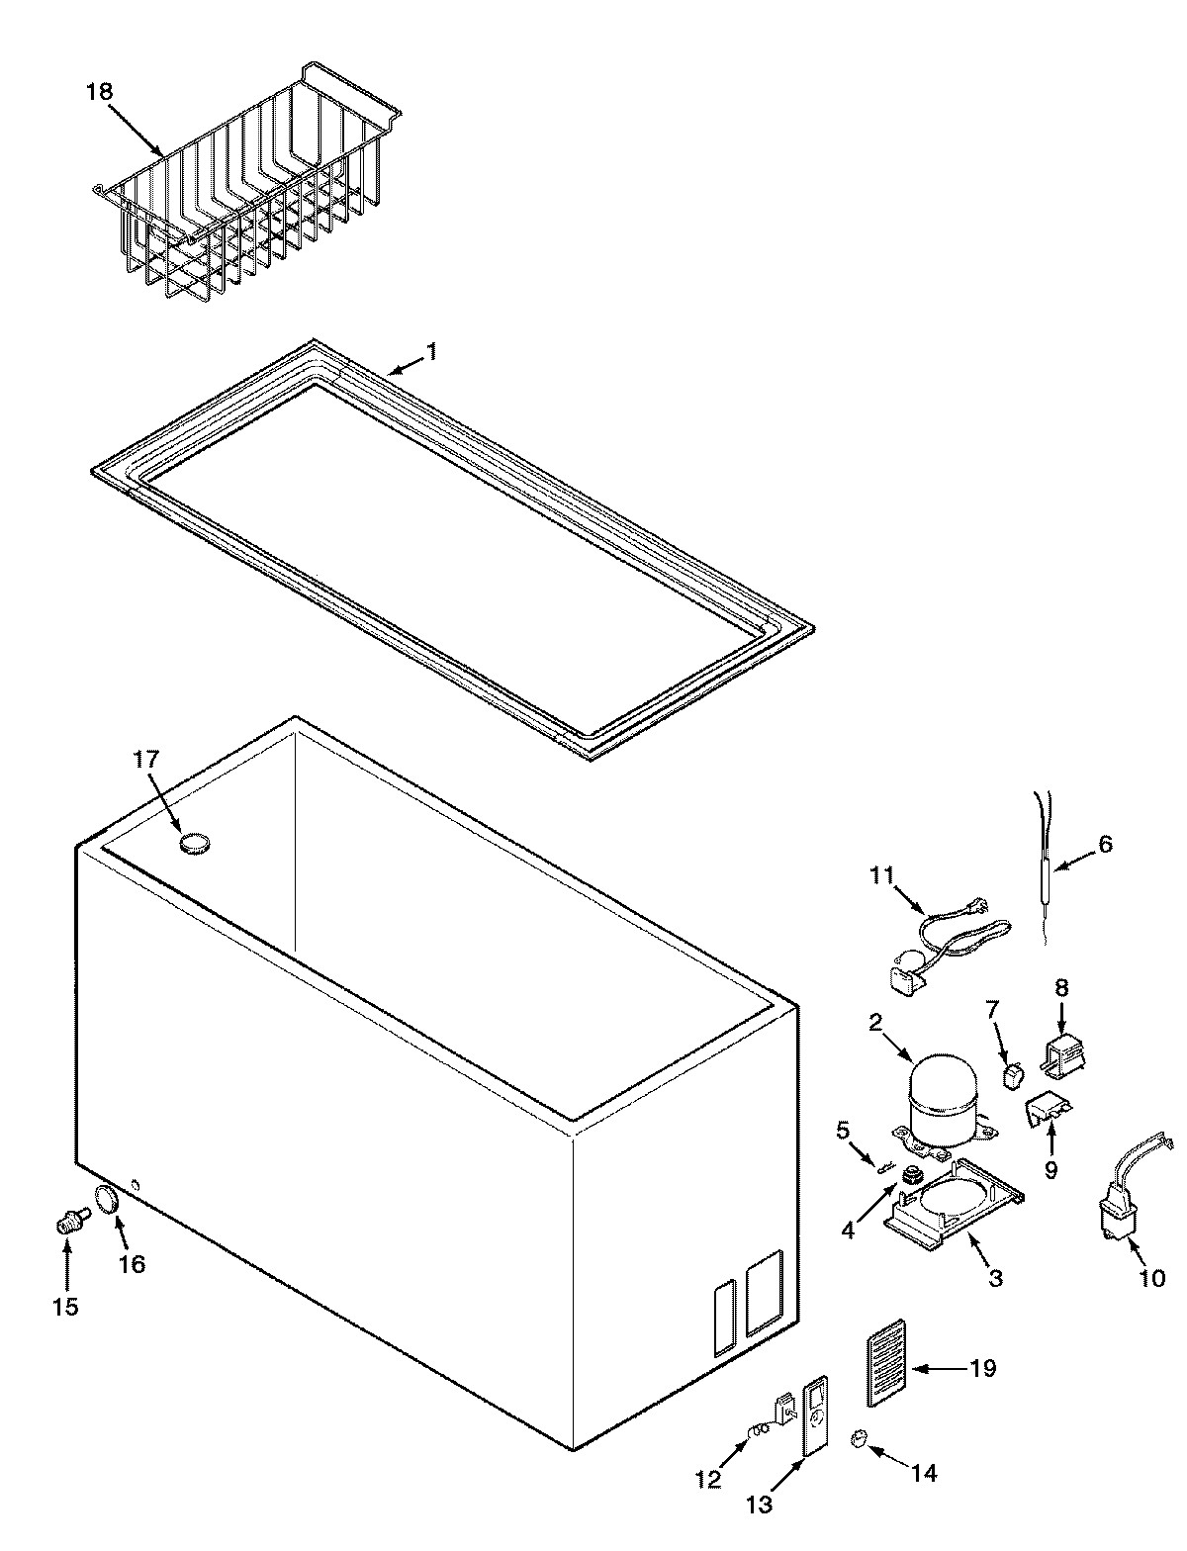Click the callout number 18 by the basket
pos(100,91)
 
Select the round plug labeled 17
pos(195,843)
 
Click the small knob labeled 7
pos(1013,1074)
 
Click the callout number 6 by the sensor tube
pos(1105,843)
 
